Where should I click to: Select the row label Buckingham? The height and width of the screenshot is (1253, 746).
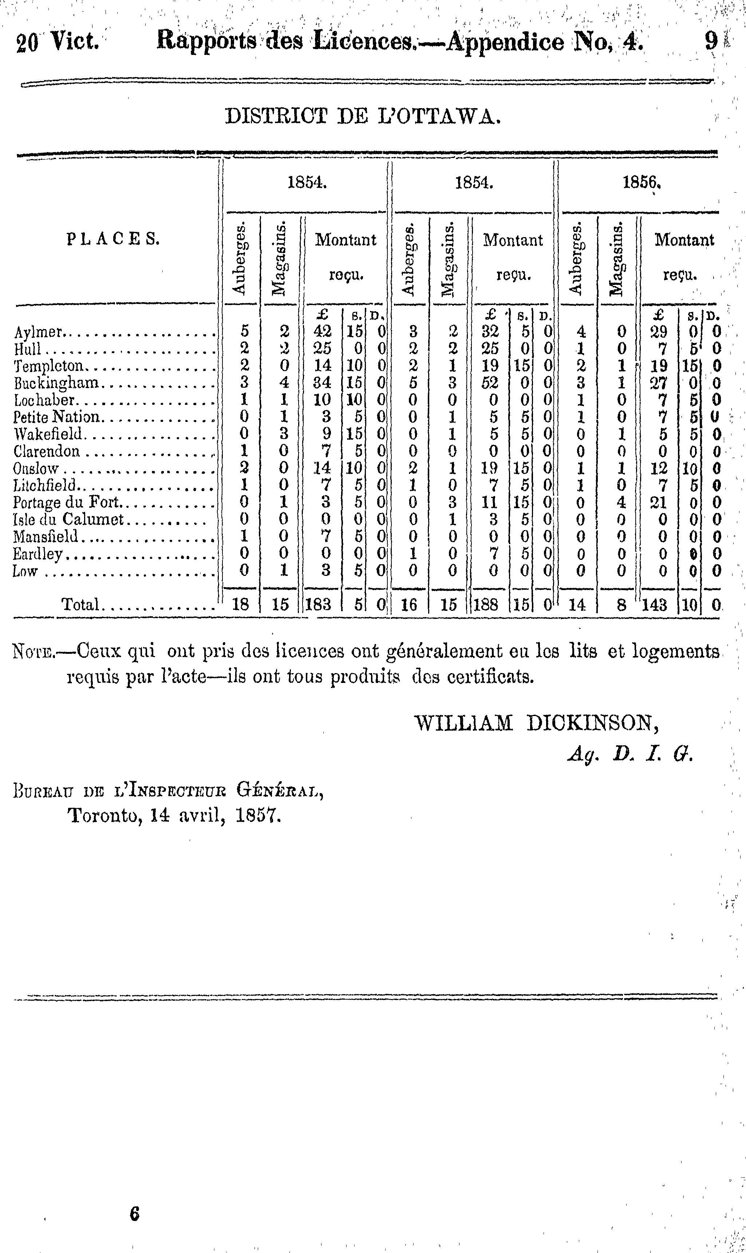click(56, 383)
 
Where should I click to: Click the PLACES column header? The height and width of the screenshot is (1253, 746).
click(113, 239)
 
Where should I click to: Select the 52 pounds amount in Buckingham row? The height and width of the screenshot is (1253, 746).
click(490, 383)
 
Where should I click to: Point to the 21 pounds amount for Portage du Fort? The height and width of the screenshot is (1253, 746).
click(658, 502)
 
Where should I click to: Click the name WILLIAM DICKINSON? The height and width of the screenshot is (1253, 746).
click(536, 724)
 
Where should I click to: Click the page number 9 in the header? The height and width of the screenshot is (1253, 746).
click(711, 41)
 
